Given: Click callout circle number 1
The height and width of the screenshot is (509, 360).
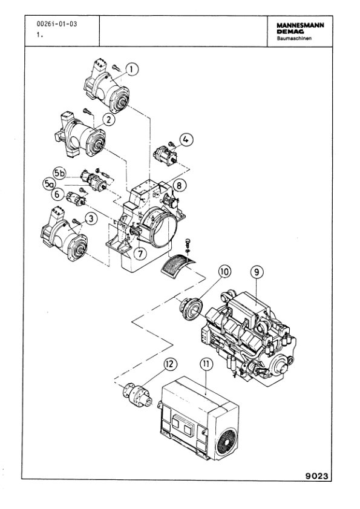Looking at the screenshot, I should [133, 70].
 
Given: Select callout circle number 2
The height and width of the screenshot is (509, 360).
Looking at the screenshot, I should [109, 119].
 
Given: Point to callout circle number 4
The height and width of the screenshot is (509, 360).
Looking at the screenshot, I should [188, 139].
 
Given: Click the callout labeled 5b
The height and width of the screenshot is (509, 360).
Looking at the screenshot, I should [60, 171].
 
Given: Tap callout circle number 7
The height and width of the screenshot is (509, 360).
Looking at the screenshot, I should [180, 185].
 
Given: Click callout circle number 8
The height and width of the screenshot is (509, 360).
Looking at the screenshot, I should [257, 272].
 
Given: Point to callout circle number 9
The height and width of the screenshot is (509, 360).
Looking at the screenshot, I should [224, 272].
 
